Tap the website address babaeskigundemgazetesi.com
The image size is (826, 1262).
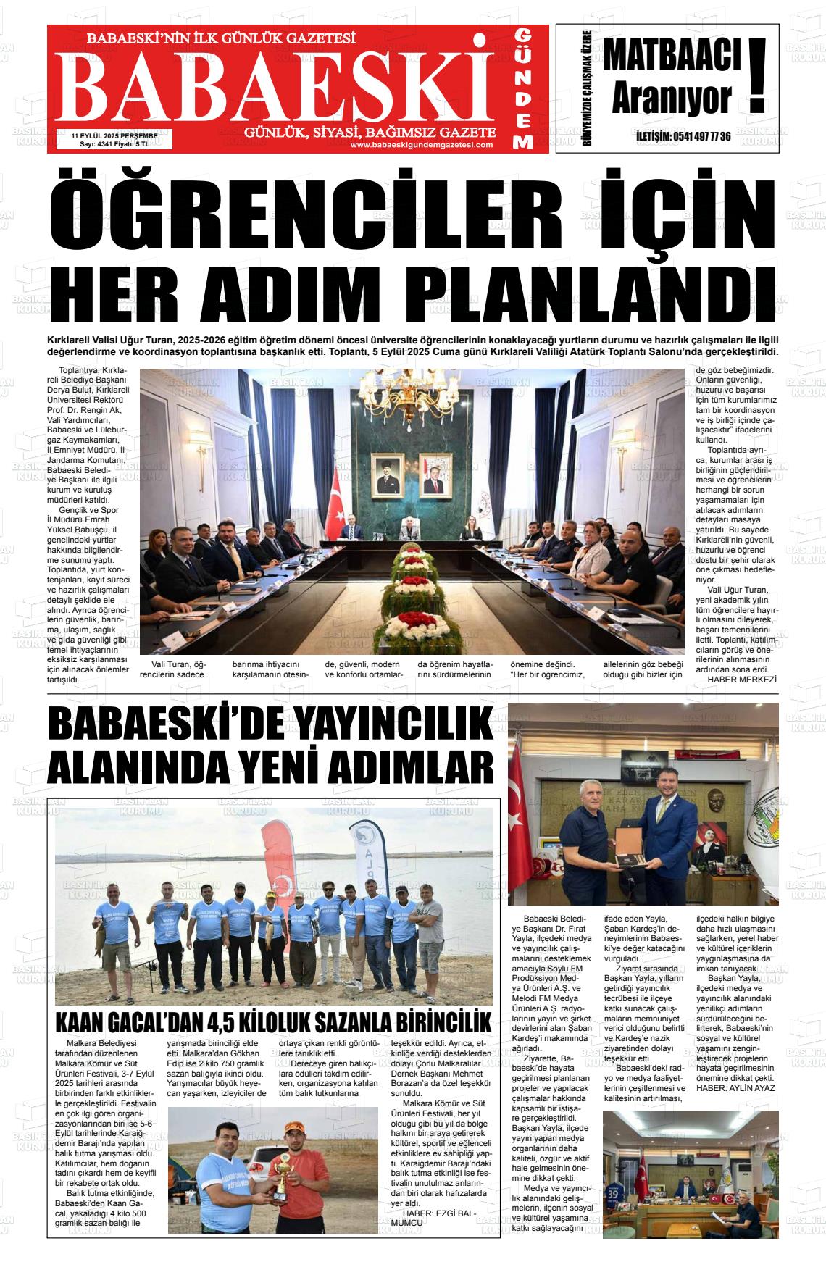(421, 145)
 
